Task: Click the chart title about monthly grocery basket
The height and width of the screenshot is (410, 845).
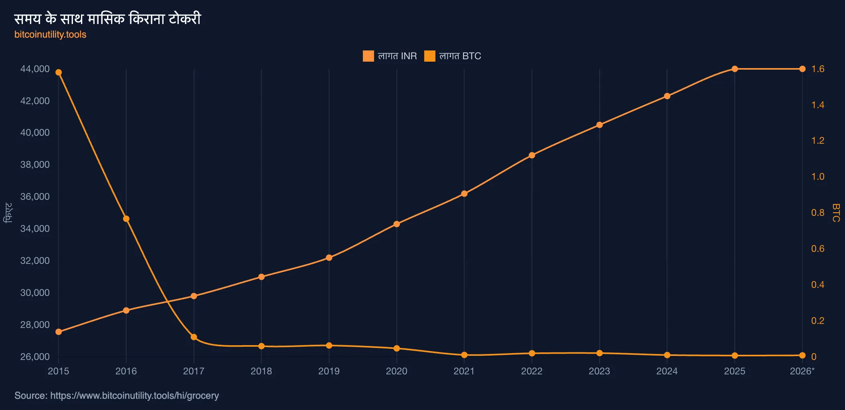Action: [107, 18]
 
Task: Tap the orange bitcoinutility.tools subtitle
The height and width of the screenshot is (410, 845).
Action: [51, 34]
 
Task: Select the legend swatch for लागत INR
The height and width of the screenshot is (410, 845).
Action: [368, 56]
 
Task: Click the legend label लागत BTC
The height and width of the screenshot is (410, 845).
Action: [460, 56]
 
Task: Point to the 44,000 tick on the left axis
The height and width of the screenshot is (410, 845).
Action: [35, 69]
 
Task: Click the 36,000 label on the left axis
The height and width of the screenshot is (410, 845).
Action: [35, 197]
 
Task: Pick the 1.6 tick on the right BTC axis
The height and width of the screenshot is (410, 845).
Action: [818, 69]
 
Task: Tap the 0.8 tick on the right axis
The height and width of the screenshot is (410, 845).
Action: [818, 213]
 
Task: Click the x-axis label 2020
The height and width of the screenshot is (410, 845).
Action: [396, 371]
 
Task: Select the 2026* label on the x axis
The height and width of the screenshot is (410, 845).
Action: [802, 371]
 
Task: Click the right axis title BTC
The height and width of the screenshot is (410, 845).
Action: [836, 213]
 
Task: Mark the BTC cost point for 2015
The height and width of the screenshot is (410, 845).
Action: [59, 72]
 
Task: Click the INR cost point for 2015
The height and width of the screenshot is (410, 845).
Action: [59, 332]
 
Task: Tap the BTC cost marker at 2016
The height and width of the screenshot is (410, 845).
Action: [126, 219]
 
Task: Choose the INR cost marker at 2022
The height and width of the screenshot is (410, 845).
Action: [532, 155]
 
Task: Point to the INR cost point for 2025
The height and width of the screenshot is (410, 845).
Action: [735, 69]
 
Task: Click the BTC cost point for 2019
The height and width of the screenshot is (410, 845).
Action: [329, 346]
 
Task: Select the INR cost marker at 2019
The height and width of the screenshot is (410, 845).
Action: [329, 258]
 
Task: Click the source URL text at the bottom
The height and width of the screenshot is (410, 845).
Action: [117, 396]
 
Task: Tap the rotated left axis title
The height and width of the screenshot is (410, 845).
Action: [8, 213]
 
